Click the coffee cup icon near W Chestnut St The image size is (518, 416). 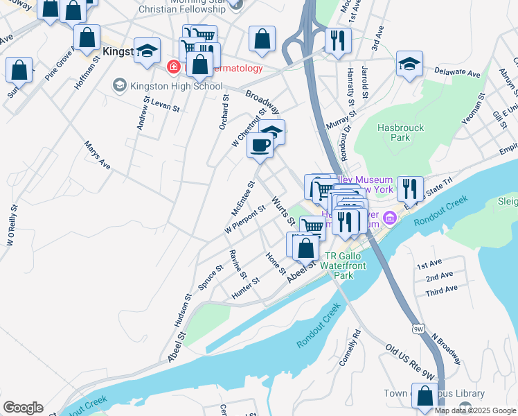260,145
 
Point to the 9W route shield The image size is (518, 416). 418,327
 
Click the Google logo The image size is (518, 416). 23,408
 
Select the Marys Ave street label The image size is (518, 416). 97,156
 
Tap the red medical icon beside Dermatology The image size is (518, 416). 173,67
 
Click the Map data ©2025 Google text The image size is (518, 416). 475,410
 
